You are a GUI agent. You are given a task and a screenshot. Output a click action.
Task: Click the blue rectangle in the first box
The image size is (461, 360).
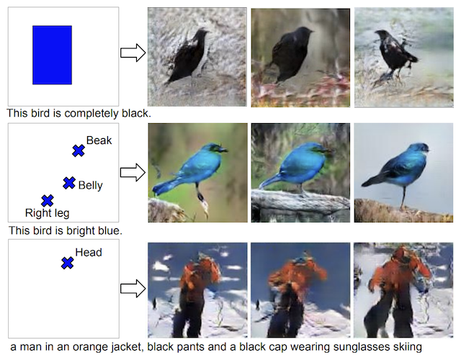click(x=52, y=55)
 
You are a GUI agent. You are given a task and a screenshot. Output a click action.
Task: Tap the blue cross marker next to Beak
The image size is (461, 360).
click(x=79, y=150)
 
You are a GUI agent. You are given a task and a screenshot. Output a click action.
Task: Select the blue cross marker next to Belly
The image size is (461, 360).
click(x=69, y=184)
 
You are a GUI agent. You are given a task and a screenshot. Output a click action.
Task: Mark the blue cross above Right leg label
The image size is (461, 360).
click(x=48, y=200)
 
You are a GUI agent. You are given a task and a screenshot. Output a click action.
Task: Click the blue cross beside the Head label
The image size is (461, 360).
click(x=67, y=264)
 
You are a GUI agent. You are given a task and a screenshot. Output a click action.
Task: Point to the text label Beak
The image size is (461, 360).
click(x=99, y=140)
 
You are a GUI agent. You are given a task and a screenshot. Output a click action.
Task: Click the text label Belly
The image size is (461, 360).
click(x=91, y=186)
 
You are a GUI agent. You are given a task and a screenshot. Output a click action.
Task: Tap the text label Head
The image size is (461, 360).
click(x=89, y=253)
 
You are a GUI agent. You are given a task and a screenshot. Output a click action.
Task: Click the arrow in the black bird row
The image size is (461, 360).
click(x=133, y=53)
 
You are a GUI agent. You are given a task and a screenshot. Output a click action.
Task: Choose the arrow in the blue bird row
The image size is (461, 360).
click(x=133, y=171)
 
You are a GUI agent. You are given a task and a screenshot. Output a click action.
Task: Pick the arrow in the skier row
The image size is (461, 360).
click(x=133, y=289)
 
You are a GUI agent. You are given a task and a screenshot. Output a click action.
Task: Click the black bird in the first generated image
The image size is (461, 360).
click(x=189, y=58)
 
